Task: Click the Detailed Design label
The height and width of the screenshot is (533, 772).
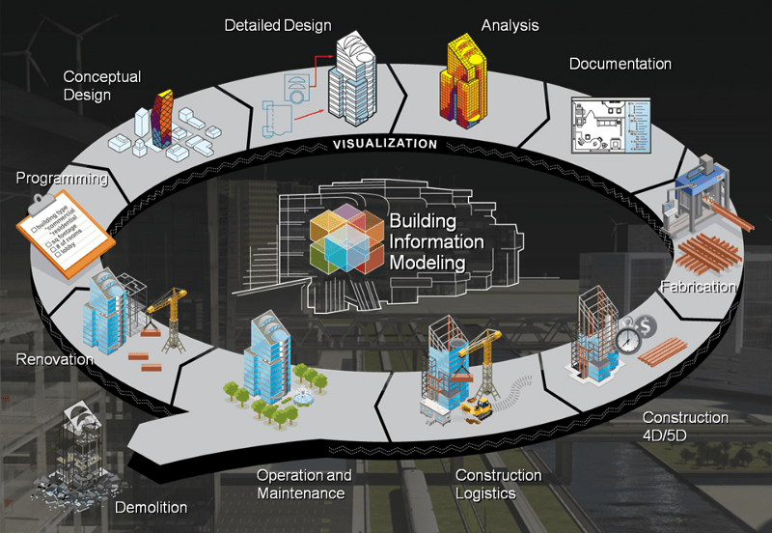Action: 277,24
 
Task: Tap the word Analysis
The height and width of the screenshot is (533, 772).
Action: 510,24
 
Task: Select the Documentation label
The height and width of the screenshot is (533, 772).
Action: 620,64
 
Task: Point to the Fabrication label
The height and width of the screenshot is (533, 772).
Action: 699,287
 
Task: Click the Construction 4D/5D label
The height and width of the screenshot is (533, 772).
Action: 685,427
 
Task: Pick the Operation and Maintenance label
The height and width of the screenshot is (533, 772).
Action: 303,485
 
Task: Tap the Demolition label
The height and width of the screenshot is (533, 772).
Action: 151,508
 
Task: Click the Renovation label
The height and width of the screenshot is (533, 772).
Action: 54,359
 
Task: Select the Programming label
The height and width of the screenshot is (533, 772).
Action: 61,179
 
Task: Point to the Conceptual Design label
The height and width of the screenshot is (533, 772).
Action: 101,85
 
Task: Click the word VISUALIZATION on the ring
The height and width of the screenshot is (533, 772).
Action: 385,144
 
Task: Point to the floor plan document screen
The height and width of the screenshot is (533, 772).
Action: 607,125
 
